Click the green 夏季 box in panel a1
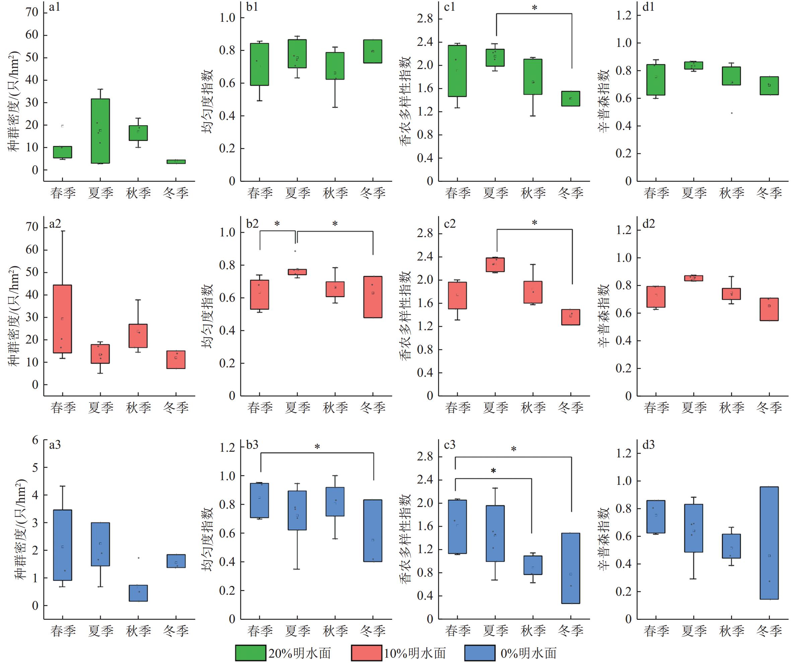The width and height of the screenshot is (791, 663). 100,131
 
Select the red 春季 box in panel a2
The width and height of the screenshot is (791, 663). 63,319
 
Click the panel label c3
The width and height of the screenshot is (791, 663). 450,445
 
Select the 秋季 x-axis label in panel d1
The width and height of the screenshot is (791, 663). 731,193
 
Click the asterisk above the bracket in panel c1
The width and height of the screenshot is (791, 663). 534,7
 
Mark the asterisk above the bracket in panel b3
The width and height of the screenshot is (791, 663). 317,447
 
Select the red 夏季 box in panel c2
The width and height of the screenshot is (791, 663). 495,265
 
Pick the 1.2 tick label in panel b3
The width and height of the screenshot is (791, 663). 227,447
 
